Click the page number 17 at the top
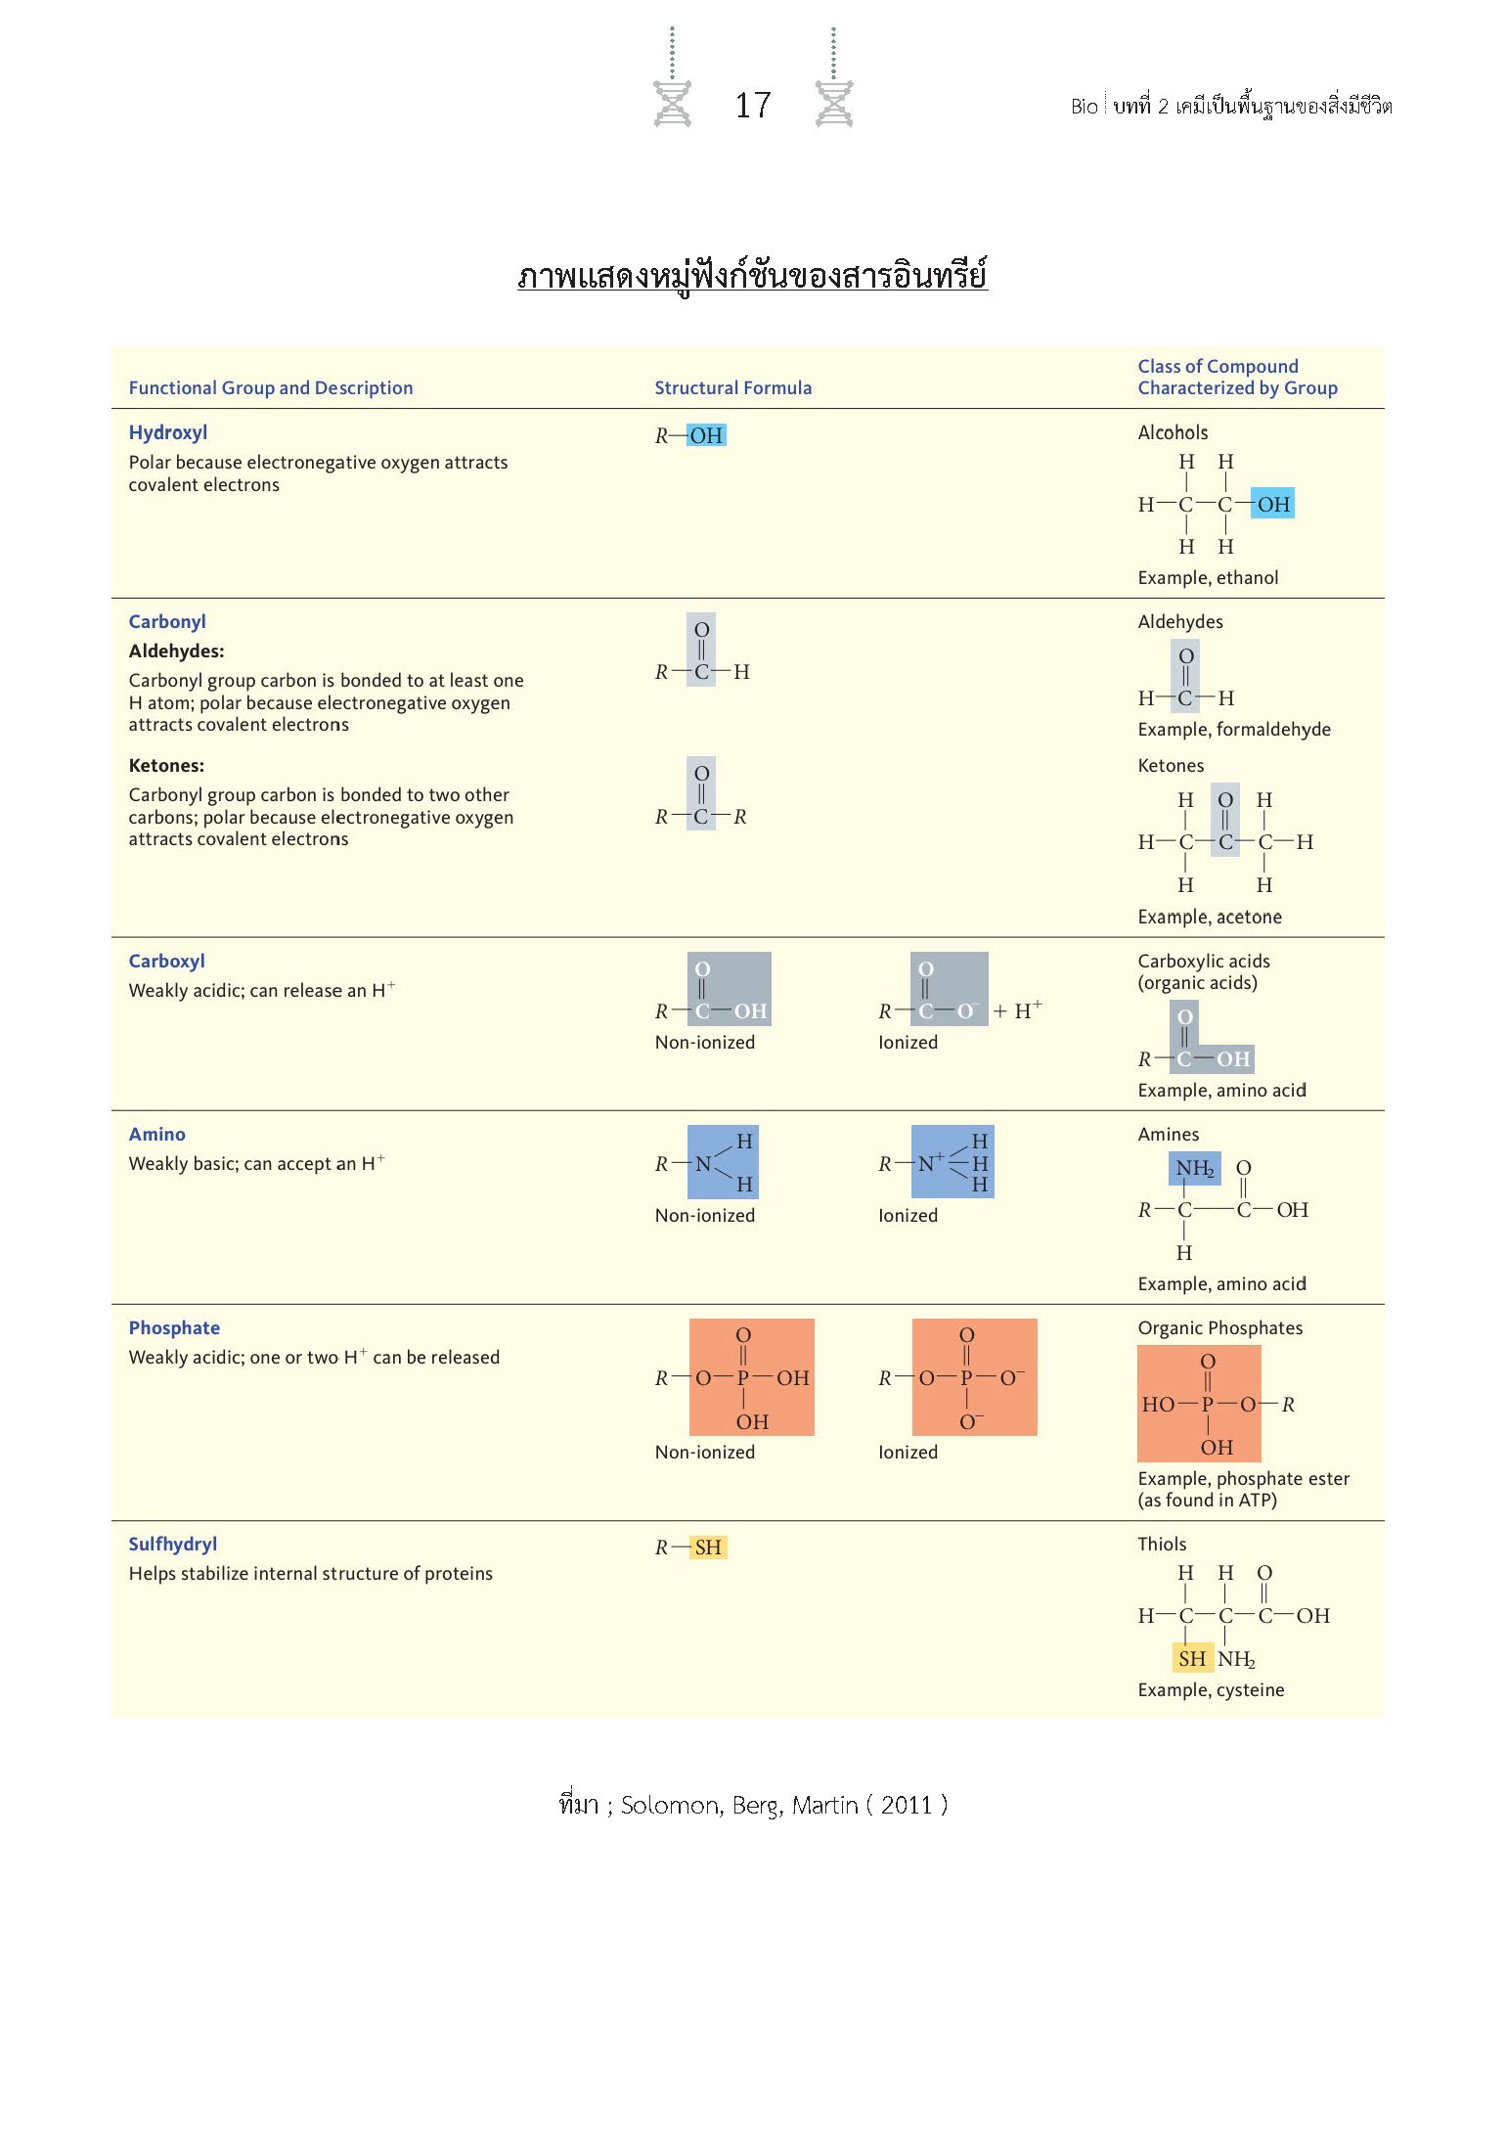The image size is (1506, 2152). [x=753, y=106]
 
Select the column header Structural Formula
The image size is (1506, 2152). [x=732, y=388]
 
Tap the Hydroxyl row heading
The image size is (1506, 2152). [x=168, y=432]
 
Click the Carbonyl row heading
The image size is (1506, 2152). [x=167, y=622]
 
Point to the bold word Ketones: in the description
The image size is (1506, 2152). [x=166, y=766]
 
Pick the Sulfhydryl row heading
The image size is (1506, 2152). [x=173, y=1545]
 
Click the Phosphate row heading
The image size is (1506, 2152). [x=174, y=1328]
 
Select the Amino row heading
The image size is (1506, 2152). [x=157, y=1135]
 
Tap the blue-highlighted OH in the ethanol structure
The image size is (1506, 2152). [x=1272, y=505]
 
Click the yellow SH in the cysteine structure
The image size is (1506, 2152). [x=1191, y=1659]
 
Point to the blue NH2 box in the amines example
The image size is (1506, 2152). [x=1194, y=1168]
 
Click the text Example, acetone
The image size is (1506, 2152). [x=1210, y=918]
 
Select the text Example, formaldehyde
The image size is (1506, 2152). [x=1234, y=730]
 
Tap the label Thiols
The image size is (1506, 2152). [x=1162, y=1545]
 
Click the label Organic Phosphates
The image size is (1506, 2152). [x=1220, y=1328]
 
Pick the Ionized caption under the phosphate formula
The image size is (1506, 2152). [x=908, y=1453]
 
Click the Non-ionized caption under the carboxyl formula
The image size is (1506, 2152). [x=705, y=1043]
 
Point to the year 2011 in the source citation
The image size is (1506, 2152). [x=907, y=1806]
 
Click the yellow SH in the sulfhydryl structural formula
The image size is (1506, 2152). [x=707, y=1547]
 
